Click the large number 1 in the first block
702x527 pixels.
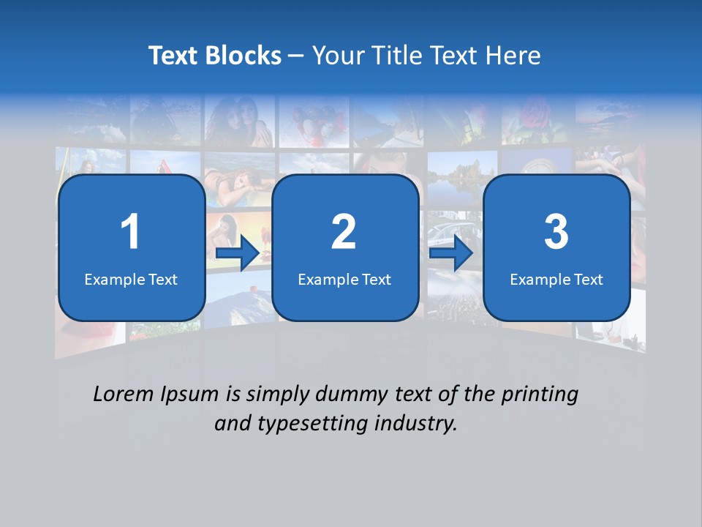pyautogui.click(x=130, y=232)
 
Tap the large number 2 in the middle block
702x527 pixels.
pyautogui.click(x=344, y=232)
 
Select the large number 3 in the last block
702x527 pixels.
pyautogui.click(x=556, y=232)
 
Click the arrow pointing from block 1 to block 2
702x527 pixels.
pyautogui.click(x=238, y=254)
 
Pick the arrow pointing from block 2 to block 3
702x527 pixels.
pyautogui.click(x=451, y=254)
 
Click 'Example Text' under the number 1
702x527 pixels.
pyautogui.click(x=131, y=279)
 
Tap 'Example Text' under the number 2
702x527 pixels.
pyautogui.click(x=344, y=279)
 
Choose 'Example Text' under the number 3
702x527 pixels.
pyautogui.click(x=556, y=279)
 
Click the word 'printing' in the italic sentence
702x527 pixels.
pyautogui.click(x=540, y=395)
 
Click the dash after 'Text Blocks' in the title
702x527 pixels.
pyautogui.click(x=296, y=56)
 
